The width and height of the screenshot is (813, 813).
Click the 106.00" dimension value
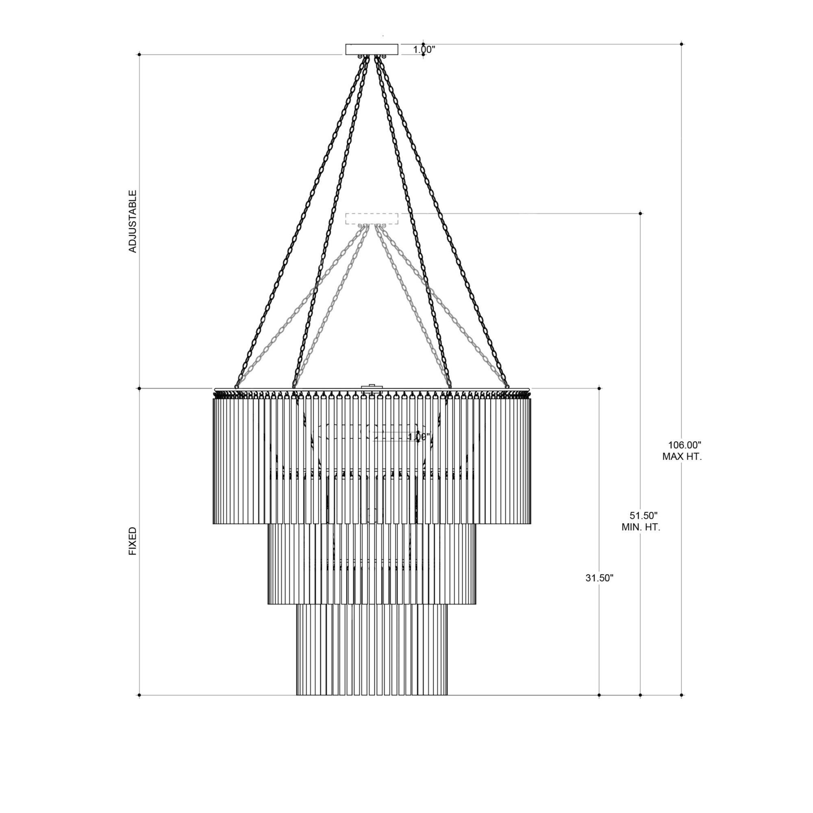point(685,445)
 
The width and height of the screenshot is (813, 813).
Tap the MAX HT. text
point(682,456)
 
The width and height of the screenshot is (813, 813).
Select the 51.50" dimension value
point(643,515)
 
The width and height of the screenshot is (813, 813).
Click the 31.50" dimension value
point(599,578)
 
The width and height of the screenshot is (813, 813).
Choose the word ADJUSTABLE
point(133,222)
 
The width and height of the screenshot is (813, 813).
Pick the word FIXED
point(133,541)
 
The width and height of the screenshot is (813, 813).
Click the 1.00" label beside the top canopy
point(424,50)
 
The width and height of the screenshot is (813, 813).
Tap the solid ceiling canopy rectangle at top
point(372,49)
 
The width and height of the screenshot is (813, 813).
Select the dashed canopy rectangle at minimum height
point(372,219)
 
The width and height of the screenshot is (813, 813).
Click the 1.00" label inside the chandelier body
point(419,438)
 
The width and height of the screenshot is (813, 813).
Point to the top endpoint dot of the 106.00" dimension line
point(682,44)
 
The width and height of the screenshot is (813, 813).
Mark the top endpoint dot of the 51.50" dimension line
point(641,213)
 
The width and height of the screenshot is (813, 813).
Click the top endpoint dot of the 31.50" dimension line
point(599,388)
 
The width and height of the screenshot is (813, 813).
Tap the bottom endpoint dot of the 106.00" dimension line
point(682,696)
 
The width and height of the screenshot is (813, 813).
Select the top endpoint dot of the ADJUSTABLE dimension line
point(139,54)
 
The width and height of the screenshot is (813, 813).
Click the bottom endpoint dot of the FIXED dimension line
point(139,696)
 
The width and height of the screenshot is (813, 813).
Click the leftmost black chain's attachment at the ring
point(237,386)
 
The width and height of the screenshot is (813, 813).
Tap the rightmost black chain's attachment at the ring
point(507,386)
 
